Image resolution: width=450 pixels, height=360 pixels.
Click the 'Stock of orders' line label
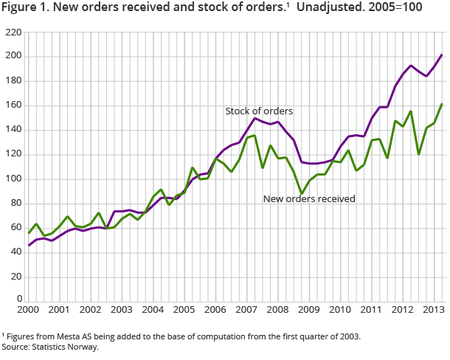tap(259, 111)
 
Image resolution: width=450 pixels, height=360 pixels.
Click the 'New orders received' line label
tap(309, 198)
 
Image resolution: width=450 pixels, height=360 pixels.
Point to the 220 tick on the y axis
tap(13, 32)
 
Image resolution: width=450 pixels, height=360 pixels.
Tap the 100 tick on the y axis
tap(13, 179)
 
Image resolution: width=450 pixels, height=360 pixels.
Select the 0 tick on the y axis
tap(18, 301)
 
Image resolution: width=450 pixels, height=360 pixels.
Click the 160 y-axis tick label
tap(13, 105)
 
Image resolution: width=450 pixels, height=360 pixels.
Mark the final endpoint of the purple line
tap(442, 55)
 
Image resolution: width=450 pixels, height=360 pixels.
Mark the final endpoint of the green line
tap(442, 104)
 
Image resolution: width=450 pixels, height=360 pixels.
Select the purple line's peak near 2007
tap(255, 118)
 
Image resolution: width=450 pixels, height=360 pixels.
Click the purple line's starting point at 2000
tap(29, 245)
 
